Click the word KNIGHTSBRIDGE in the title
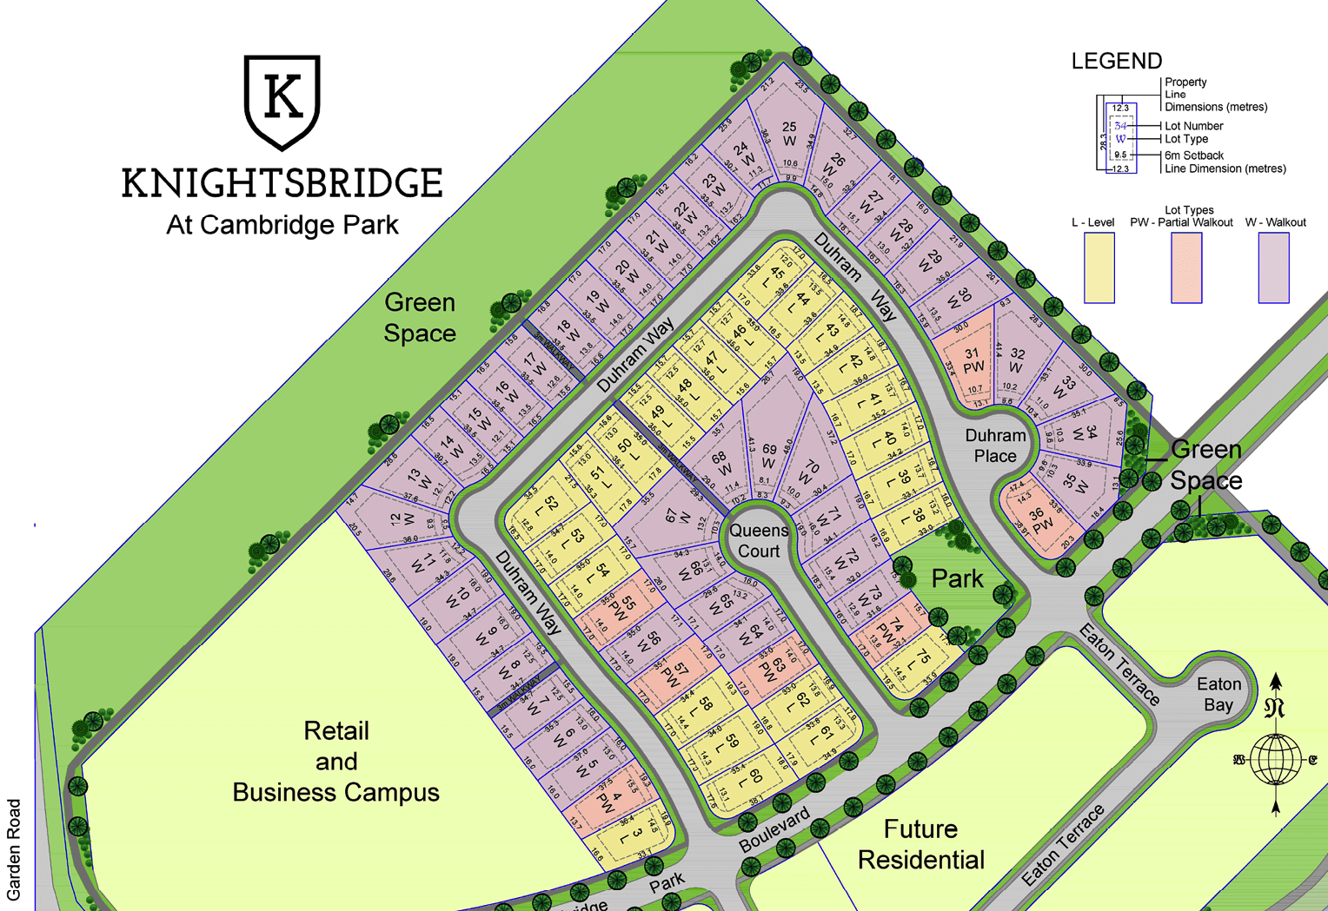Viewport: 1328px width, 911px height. (282, 183)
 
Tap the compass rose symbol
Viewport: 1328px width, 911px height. (1275, 758)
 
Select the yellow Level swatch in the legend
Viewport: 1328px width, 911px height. (1099, 268)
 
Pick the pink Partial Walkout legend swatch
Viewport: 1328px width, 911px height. (1186, 268)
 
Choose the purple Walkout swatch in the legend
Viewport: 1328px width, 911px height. (1273, 268)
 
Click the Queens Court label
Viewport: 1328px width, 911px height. (759, 540)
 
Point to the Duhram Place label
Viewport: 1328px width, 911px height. (995, 446)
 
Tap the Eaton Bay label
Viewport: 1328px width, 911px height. (1218, 694)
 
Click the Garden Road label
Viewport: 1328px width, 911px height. (14, 849)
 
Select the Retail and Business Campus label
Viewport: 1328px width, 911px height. (336, 762)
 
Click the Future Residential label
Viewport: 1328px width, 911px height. (921, 844)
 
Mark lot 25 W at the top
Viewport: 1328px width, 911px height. (789, 134)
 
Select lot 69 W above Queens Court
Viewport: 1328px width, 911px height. (769, 456)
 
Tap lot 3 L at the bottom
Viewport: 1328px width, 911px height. (636, 836)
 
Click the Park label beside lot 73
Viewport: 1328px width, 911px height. (957, 578)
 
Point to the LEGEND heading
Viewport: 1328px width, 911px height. (1116, 61)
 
